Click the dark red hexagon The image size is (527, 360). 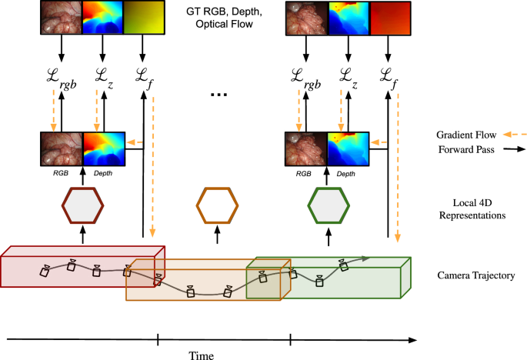[x=83, y=206]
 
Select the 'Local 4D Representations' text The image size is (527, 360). [x=467, y=209]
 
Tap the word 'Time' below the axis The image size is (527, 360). [x=202, y=355]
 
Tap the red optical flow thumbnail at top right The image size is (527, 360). [x=389, y=18]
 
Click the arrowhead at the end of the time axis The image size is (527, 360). [x=413, y=338]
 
